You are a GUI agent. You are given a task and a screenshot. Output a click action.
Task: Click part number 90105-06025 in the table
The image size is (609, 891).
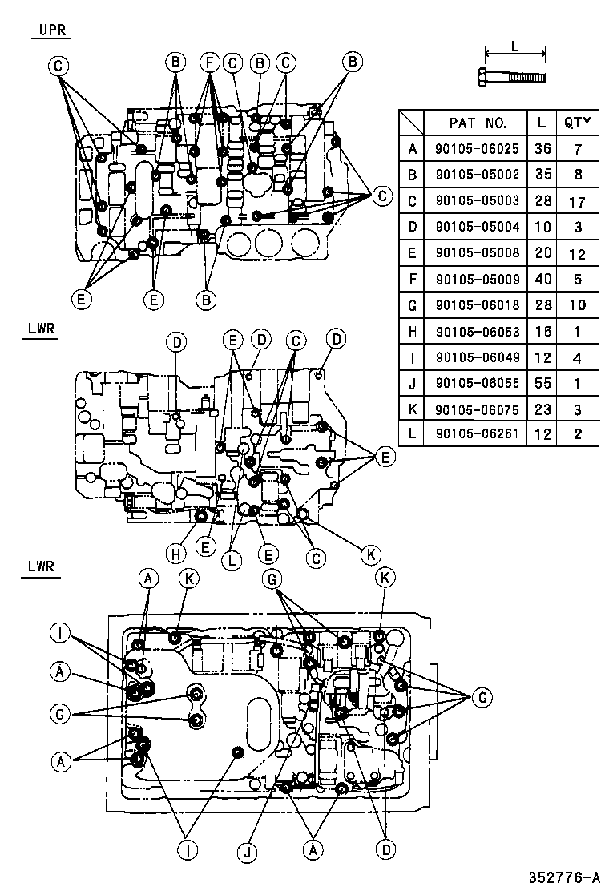(x=478, y=149)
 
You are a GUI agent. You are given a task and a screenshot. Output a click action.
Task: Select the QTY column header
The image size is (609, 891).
(x=577, y=123)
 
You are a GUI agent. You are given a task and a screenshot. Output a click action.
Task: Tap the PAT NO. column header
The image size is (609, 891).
(x=478, y=123)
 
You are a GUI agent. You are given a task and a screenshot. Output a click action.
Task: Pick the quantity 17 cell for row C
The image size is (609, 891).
(x=577, y=202)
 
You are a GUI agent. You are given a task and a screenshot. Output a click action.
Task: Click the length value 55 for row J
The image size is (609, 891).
(x=542, y=383)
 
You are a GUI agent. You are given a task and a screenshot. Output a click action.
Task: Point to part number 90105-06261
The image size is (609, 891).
(x=478, y=433)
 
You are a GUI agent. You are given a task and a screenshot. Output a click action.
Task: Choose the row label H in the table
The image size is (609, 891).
(x=412, y=331)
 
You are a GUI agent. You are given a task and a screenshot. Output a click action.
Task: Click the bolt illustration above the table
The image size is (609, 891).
(x=512, y=77)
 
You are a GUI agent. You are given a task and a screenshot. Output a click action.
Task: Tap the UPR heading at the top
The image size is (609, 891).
(x=52, y=30)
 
